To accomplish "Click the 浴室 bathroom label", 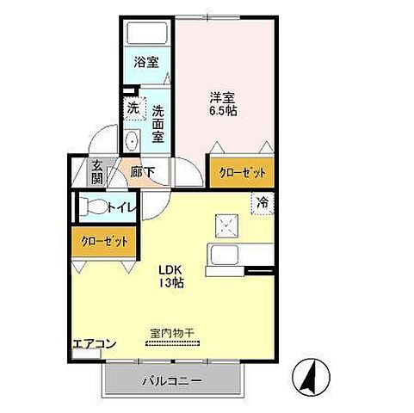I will (x=146, y=62).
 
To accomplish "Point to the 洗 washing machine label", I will (x=133, y=108).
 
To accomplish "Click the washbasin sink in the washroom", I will (x=133, y=142).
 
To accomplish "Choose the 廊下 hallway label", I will (x=143, y=172).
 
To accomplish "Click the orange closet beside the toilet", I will (x=104, y=242).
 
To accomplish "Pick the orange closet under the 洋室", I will (x=241, y=172).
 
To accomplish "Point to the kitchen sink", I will (x=226, y=256).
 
